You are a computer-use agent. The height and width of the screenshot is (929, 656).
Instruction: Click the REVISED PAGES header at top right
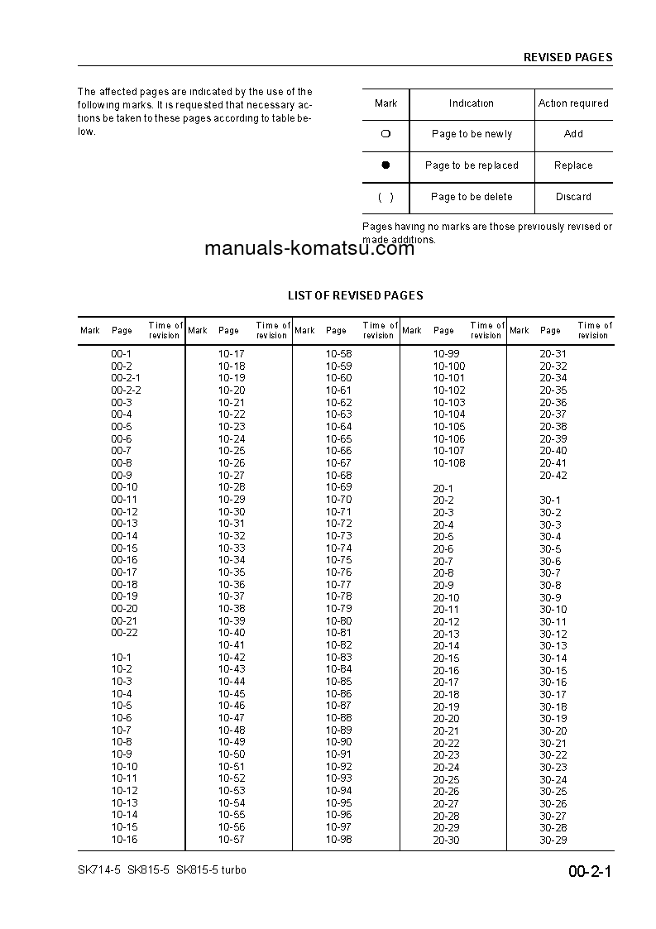pyautogui.click(x=567, y=58)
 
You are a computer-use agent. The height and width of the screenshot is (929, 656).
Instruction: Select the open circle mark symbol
pyautogui.click(x=385, y=134)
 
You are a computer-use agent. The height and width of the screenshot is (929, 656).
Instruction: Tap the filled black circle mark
pyautogui.click(x=385, y=165)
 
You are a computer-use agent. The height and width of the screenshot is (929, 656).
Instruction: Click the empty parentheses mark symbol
pyautogui.click(x=385, y=197)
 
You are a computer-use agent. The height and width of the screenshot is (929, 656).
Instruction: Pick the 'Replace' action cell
pyautogui.click(x=573, y=165)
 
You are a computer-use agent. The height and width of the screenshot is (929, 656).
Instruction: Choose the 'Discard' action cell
pyautogui.click(x=573, y=197)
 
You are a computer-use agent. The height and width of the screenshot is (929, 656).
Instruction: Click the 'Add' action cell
pyautogui.click(x=573, y=134)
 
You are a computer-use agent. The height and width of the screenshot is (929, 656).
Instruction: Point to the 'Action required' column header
pyautogui.click(x=573, y=103)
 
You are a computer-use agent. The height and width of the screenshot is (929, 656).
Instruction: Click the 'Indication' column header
pyautogui.click(x=472, y=103)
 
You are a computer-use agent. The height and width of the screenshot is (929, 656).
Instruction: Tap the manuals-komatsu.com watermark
pyautogui.click(x=309, y=249)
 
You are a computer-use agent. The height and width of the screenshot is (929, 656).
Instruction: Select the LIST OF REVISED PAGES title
pyautogui.click(x=355, y=295)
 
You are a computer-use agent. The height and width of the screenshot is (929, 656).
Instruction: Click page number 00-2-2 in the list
pyautogui.click(x=126, y=390)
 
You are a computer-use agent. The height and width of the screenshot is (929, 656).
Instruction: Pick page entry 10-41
pyautogui.click(x=232, y=645)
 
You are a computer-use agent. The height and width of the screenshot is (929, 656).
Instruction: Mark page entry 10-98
pyautogui.click(x=338, y=839)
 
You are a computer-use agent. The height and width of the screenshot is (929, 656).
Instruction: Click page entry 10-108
pyautogui.click(x=449, y=463)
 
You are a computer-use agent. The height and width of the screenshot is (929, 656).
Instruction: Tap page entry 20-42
pyautogui.click(x=553, y=476)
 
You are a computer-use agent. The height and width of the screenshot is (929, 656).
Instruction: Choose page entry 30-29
pyautogui.click(x=553, y=840)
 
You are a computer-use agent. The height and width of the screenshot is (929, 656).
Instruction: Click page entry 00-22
pyautogui.click(x=124, y=633)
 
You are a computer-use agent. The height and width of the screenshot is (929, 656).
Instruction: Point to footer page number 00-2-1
pyautogui.click(x=589, y=872)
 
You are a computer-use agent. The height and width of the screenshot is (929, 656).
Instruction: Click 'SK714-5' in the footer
pyautogui.click(x=98, y=870)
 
